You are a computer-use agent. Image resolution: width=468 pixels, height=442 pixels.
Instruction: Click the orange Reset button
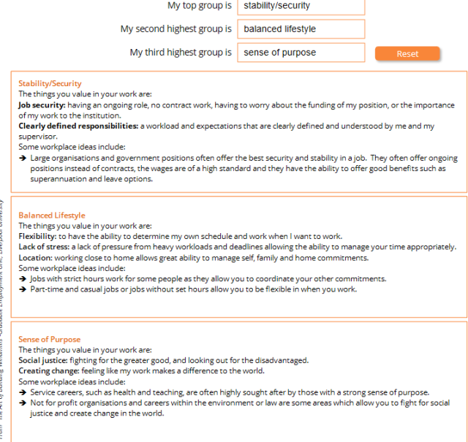coord(407,53)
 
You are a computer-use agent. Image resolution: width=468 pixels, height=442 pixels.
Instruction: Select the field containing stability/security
coord(301,6)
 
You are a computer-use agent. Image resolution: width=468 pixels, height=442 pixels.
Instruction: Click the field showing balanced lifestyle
coord(301,29)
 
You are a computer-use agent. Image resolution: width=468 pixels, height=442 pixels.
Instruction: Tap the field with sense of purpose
coord(301,53)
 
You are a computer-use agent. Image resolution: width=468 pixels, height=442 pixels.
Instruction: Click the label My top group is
coord(200,6)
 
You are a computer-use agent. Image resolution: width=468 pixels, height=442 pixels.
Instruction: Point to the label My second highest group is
coord(176,29)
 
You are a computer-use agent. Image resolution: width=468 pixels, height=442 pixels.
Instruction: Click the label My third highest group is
coord(181,53)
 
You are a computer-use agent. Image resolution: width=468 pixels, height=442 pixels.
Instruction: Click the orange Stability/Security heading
coord(50,83)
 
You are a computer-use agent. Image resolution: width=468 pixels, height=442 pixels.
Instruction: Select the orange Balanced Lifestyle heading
coord(51,216)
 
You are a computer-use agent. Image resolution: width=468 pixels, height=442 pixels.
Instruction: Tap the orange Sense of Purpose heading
coord(49,340)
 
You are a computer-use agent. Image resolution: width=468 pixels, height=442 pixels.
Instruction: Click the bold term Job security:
coord(42,104)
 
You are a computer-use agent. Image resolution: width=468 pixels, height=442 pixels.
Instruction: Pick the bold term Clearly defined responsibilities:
coord(78,126)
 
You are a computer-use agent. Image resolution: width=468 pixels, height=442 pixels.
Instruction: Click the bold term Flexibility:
coord(37,236)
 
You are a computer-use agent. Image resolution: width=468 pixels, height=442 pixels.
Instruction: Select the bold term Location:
coord(35,257)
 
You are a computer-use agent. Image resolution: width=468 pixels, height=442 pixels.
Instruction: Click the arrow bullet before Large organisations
coord(23,158)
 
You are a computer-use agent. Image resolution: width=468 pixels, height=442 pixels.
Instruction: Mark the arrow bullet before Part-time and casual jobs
coord(23,289)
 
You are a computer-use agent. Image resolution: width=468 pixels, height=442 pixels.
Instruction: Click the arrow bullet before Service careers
coord(23,392)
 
